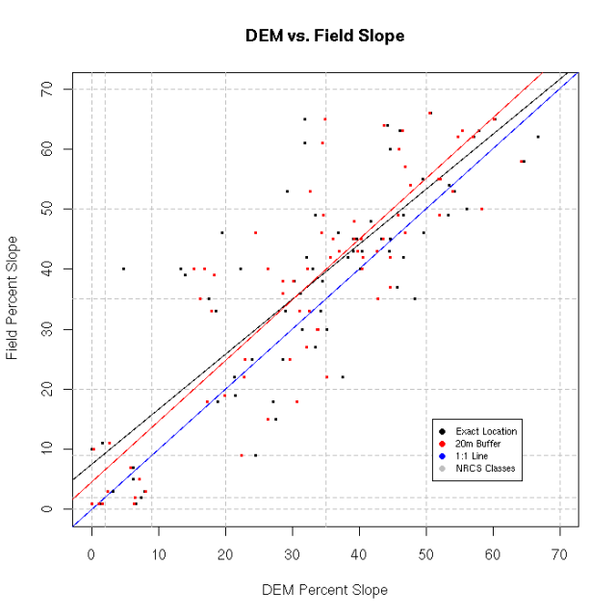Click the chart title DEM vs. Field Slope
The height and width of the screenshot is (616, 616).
pos(324,37)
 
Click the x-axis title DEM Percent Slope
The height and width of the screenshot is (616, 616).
pos(324,589)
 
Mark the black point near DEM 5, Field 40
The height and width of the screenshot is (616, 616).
pos(123,269)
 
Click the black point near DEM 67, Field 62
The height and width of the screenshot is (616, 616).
pos(538,137)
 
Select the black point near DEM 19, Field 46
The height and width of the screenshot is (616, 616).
pos(221,233)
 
